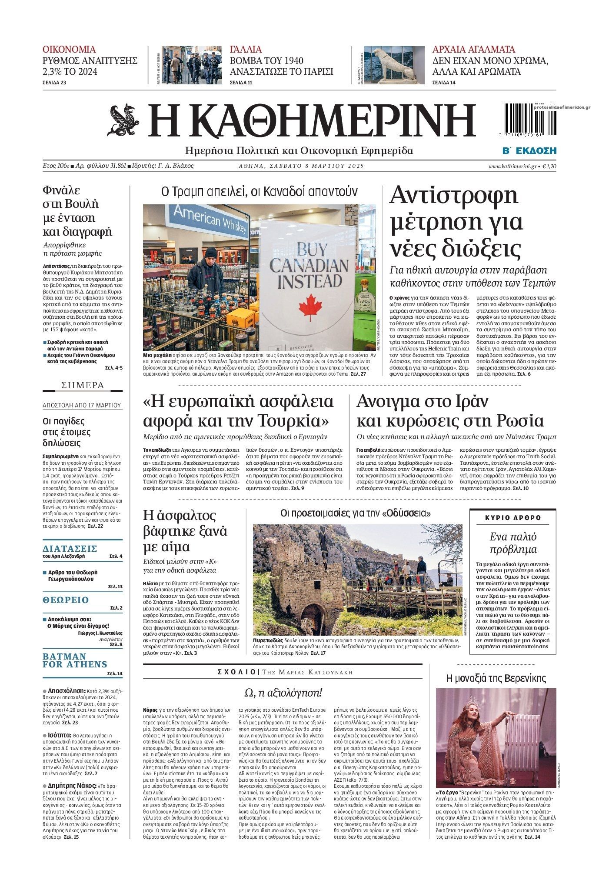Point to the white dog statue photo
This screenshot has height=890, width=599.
coord(394,65)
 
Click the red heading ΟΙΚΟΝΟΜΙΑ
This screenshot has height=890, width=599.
coord(69,49)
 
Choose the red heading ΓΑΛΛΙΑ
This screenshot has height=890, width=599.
coord(246,49)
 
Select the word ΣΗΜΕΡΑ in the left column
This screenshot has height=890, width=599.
coord(83,385)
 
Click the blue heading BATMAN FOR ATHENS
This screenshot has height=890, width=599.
coord(75,660)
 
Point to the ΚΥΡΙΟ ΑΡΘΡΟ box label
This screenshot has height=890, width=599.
coord(513,518)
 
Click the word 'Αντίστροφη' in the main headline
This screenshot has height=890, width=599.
coord(453,196)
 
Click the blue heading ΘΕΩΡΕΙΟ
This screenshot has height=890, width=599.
coord(66,600)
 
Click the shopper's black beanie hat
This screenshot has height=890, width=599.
coord(211,253)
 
